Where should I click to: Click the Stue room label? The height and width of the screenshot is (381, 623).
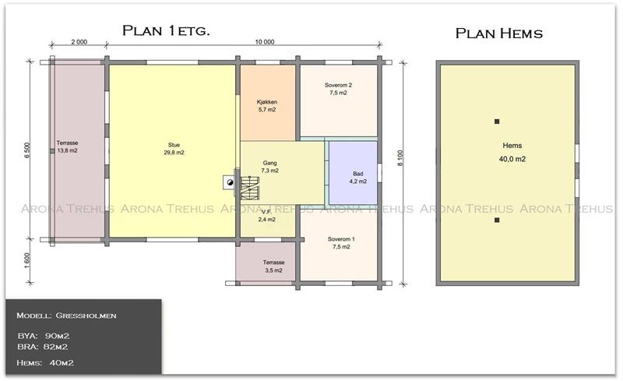[x=174, y=149]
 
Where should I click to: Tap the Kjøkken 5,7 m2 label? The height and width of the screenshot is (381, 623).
[x=267, y=106]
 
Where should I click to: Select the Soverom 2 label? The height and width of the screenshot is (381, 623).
[x=338, y=85]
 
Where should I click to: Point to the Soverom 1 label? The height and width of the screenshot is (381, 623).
[x=341, y=239]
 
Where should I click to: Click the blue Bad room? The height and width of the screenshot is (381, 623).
[x=354, y=173]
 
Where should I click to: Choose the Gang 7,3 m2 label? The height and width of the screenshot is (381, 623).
[x=269, y=167]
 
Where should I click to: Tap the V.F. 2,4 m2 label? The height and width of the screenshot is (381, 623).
[x=266, y=216]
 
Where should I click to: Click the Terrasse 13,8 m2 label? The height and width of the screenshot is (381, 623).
[x=67, y=146]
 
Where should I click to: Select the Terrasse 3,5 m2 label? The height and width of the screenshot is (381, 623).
[x=273, y=266]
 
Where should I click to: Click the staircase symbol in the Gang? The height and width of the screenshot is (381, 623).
[x=250, y=188]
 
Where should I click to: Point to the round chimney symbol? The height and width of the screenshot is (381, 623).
[x=230, y=182]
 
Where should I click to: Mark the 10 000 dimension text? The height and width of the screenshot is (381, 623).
[x=265, y=42]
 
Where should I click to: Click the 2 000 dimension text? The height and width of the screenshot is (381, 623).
[x=79, y=42]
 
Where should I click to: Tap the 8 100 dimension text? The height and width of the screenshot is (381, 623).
[x=400, y=158]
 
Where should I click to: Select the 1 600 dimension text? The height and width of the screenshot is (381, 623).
[x=27, y=260]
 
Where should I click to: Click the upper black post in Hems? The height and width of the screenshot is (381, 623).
[x=497, y=122]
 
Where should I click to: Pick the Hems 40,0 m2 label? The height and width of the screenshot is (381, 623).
[x=512, y=152]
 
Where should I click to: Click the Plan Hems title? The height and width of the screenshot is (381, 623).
[x=499, y=34]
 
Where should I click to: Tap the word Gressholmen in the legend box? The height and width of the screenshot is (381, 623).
[x=86, y=316]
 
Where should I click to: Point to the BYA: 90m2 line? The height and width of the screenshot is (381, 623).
[x=44, y=336]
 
